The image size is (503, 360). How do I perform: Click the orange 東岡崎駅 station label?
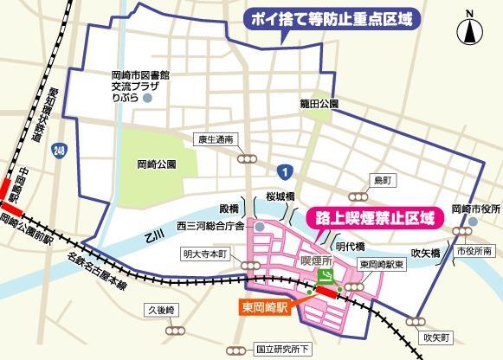click(x=268, y=305)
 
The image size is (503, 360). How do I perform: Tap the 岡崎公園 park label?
click(x=157, y=164)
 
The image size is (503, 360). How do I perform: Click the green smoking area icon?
click(x=326, y=274)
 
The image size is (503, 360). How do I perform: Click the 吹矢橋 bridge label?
click(x=428, y=254)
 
